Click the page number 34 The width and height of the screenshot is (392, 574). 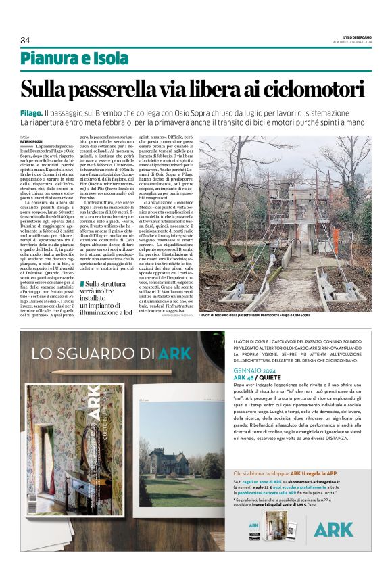pyautogui.click(x=25, y=40)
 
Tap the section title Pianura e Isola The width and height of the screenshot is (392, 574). pyautogui.click(x=74, y=59)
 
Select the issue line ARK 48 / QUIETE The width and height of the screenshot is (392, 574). pyautogui.click(x=258, y=378)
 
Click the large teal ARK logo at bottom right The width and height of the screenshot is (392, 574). pyautogui.click(x=333, y=529)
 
